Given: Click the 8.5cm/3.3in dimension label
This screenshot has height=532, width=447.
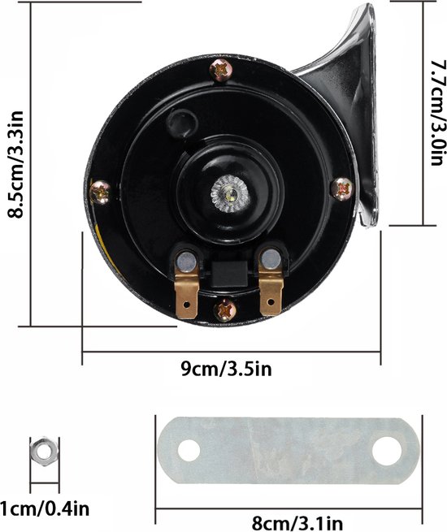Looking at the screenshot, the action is [15, 164].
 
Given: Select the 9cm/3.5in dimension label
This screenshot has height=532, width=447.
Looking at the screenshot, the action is [227, 369].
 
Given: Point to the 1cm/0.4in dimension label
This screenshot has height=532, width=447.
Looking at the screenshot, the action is [45, 509].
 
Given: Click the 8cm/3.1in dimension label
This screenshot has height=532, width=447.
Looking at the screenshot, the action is [297, 525].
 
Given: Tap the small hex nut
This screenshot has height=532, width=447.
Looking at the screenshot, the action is [44, 452].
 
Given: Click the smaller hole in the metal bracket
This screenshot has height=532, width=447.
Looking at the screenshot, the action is [189, 450].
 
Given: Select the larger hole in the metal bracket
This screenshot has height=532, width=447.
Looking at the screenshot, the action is [387, 451].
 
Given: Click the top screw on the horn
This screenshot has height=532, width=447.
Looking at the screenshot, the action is [221, 70].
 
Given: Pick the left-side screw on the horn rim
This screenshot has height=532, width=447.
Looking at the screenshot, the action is [100, 192].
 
